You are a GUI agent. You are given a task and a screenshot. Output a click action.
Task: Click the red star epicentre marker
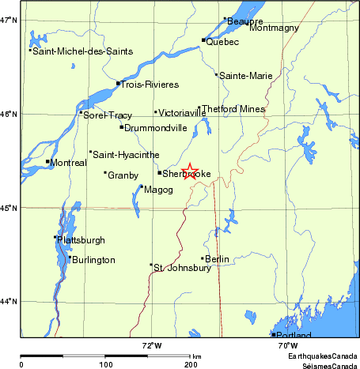[190, 171]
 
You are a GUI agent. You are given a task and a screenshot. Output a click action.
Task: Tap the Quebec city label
[222, 42]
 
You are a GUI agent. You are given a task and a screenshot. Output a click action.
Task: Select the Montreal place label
[68, 162]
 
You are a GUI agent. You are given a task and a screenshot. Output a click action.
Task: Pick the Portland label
[292, 336]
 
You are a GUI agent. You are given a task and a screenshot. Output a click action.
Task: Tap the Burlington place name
[93, 260]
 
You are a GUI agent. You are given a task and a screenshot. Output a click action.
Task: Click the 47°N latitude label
[9, 20]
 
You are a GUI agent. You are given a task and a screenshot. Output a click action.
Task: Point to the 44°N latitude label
[9, 301]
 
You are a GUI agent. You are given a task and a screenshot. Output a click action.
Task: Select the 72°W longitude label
[152, 345]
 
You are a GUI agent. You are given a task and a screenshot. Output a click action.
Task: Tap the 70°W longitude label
[288, 345]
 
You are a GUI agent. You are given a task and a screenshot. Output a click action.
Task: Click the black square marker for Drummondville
[121, 126]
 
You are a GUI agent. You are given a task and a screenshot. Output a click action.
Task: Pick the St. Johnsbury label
[182, 267]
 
